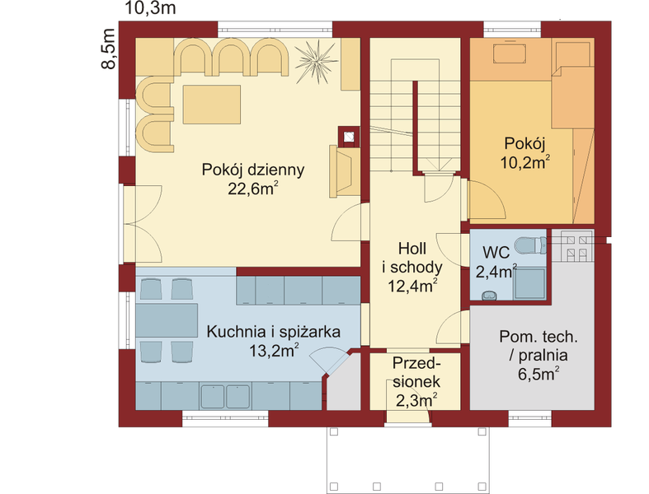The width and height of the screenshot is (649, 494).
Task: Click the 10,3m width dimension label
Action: coord(150,8)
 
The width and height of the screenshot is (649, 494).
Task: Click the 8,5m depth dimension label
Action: coord(108,49)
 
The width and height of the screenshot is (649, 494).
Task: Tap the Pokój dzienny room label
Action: coord(253,170)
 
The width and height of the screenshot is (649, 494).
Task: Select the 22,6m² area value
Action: coord(252,189)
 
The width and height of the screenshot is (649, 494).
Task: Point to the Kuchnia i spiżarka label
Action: coord(273,332)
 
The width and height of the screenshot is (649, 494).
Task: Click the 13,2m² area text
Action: coord(273,351)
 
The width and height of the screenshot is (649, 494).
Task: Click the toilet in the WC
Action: coord(530,245)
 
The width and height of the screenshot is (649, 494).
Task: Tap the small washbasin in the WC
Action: coord(490,295)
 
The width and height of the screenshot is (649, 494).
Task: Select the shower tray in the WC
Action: coord(529,283)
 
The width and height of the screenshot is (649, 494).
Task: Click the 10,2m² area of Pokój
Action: coord(524,162)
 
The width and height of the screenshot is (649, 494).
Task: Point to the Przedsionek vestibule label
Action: coord(416,372)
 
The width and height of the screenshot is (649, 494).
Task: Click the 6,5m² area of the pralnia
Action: coord(538,375)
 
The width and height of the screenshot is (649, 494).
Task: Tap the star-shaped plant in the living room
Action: coord(316,62)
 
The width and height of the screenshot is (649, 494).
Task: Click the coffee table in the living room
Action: coord(211,105)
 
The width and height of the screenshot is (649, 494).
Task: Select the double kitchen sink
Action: coord(225,397)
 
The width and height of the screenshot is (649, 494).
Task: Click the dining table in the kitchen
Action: coord(167,320)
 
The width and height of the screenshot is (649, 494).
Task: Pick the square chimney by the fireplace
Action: coord(349,137)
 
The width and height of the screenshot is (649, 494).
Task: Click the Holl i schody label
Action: coord(412,268)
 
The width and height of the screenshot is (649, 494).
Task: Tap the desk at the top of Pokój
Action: coord(510,53)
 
